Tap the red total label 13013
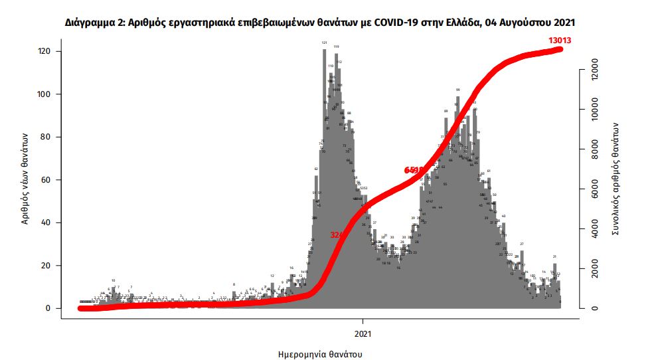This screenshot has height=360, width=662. click(560, 41)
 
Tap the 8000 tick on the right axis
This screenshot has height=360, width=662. click(594, 150)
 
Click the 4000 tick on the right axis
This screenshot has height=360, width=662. click(594, 230)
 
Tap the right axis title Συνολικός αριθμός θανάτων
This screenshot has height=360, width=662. click(616, 179)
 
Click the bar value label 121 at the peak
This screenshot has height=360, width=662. click(324, 43)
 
